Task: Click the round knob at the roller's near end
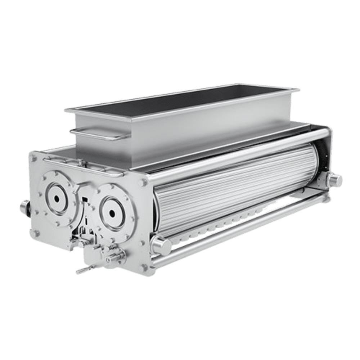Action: (162, 246)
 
